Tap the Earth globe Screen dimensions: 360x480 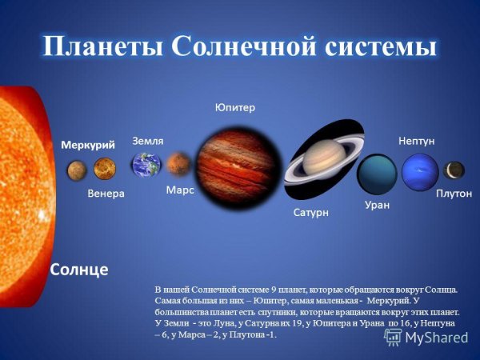(146, 165)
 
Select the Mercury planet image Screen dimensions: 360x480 (76, 169)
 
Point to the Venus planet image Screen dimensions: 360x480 (105, 169)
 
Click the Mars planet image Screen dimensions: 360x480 (178, 164)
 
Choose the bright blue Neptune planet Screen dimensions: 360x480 (419, 170)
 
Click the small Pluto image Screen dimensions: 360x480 (454, 170)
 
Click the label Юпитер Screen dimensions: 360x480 (235, 108)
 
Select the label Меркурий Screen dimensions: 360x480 (89, 144)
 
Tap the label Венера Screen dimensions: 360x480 (106, 194)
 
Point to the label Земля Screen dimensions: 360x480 (148, 140)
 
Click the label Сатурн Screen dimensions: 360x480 (306, 214)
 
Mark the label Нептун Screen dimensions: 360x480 (416, 141)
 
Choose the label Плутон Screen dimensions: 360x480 (454, 194)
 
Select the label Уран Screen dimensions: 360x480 (377, 206)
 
